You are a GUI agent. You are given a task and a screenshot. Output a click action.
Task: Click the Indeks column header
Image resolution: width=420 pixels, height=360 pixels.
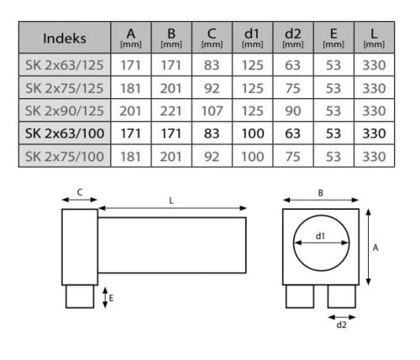[65, 39]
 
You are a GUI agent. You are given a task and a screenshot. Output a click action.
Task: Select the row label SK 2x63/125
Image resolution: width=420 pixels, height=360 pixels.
[65, 65]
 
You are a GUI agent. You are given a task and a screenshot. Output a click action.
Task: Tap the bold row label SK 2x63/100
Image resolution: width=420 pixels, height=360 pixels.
[65, 133]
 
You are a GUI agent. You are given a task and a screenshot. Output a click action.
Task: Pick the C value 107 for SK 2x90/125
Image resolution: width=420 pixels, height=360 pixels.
[212, 111]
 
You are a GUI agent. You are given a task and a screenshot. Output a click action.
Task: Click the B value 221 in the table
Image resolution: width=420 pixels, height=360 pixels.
[171, 111]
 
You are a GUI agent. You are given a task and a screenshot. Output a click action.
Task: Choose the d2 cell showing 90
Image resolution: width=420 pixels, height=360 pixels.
[293, 111]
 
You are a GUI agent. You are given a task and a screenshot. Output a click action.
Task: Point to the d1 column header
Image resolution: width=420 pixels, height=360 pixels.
[252, 38]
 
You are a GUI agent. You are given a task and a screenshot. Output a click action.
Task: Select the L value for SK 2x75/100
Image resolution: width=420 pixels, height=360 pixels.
[374, 156]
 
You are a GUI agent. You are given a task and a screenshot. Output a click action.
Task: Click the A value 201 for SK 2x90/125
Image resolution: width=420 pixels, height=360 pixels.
[130, 111]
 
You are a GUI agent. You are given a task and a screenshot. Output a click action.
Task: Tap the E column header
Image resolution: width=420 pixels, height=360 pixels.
[333, 38]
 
